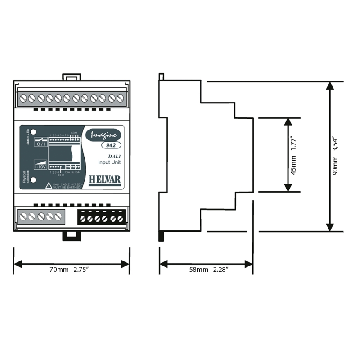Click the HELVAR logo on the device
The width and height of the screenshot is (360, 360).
click(105, 179)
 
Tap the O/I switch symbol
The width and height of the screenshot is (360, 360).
click(41, 143)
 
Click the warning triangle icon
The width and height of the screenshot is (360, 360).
click(48, 185)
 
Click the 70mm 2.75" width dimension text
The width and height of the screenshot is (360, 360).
click(72, 270)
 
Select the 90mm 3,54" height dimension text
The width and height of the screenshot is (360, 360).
click(336, 156)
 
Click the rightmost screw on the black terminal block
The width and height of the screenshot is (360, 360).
click(120, 218)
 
